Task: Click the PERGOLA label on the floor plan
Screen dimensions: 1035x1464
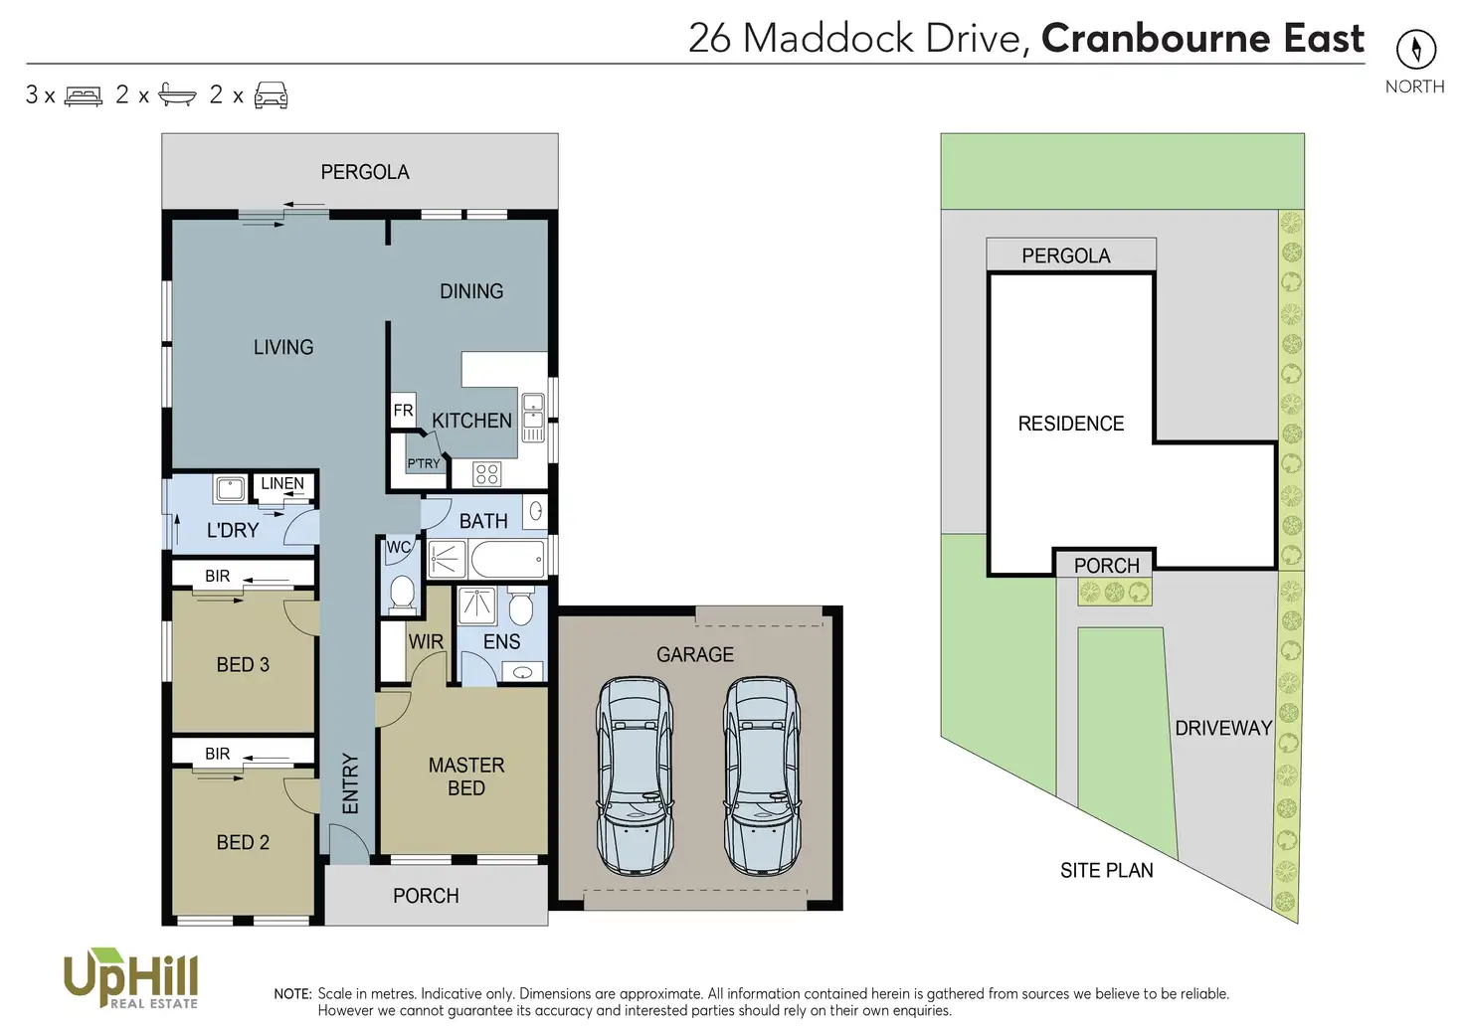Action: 365,172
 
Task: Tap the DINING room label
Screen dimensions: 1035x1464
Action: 471,291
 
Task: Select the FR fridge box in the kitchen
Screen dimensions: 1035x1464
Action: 403,411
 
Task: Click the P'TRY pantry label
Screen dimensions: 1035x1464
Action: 423,463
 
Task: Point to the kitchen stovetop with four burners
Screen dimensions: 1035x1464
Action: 486,473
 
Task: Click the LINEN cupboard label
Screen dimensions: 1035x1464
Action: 282,484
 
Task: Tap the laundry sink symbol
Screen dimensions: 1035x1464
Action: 230,488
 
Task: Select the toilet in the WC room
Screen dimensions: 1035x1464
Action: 402,593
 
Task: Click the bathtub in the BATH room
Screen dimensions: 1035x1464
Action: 507,560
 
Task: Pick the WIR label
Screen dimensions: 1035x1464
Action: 426,642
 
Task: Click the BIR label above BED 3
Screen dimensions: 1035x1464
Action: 218,577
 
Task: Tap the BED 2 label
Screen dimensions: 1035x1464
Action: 243,842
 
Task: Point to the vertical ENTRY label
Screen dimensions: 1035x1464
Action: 350,783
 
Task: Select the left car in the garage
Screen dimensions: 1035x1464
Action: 634,776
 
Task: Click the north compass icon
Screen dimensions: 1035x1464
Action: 1415,50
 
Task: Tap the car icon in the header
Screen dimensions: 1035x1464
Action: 271,95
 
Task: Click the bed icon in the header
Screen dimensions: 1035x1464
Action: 84,95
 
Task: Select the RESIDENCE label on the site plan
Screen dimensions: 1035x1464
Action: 1071,424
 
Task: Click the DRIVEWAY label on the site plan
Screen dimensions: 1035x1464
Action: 1223,728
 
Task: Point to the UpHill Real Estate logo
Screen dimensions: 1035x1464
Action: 130,978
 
